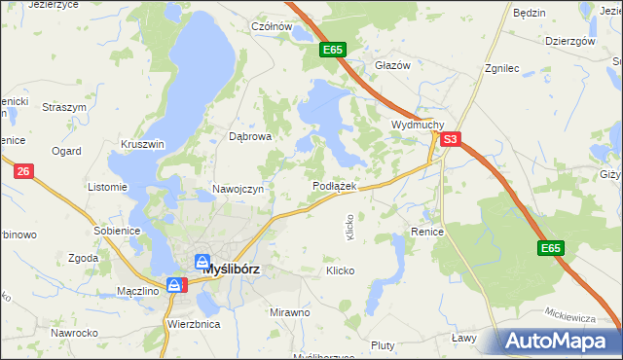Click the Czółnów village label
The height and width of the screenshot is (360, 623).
(272, 26)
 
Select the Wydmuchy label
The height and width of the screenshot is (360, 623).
(418, 126)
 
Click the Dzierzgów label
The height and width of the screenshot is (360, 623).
(570, 42)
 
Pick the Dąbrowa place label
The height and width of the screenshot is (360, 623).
(249, 137)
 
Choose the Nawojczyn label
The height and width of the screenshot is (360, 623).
(238, 189)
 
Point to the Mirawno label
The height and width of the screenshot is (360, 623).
(289, 312)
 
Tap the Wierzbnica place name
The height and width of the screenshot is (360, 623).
(194, 323)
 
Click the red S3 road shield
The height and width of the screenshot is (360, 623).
(449, 140)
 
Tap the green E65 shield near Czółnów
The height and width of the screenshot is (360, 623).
(333, 50)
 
